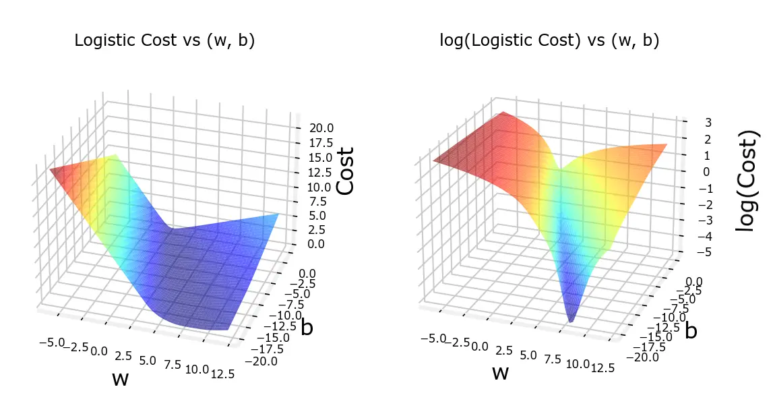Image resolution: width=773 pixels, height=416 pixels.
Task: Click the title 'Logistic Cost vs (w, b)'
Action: pos(164,40)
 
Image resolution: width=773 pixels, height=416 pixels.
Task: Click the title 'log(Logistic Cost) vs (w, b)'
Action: pos(549,40)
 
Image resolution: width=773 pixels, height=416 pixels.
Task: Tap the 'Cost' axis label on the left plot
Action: pos(346,171)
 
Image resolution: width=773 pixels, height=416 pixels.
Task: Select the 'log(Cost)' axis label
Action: pos(745,188)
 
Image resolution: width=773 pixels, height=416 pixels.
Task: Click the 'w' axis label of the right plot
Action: pos(500,372)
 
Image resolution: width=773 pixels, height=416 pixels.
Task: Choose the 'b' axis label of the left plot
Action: pos(307,328)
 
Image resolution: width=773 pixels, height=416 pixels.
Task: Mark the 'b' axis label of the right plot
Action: pos(691,331)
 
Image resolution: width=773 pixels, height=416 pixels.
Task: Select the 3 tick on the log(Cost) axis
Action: pos(689,122)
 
